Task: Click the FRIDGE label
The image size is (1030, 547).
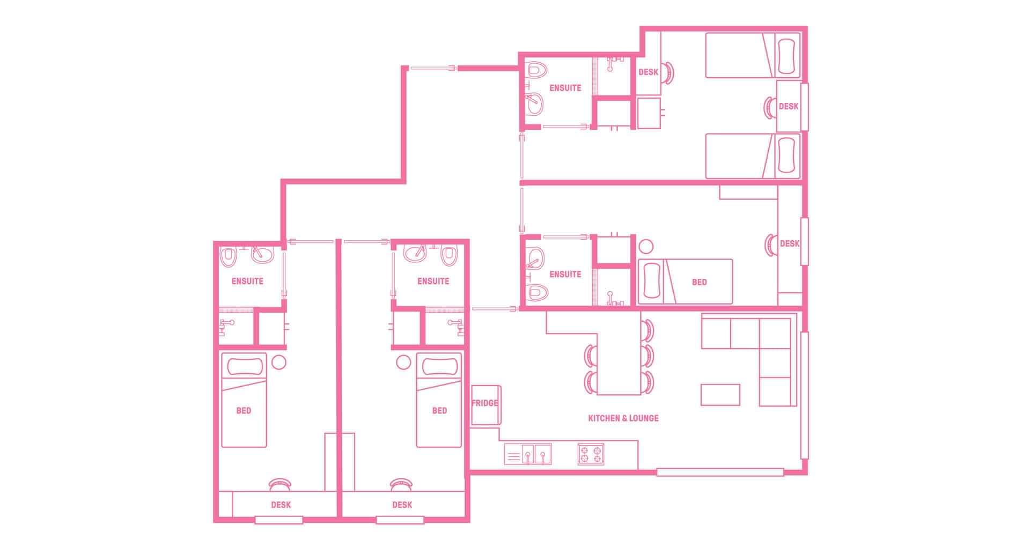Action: click(x=484, y=403)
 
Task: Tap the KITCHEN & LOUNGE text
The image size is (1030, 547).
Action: click(x=623, y=418)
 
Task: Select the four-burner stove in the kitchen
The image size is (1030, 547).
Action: click(x=591, y=454)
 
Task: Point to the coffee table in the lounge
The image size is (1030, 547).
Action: click(x=720, y=395)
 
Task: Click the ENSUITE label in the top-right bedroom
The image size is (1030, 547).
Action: click(x=565, y=88)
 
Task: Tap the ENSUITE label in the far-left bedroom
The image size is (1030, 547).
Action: click(x=247, y=281)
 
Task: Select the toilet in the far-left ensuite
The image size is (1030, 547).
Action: click(x=229, y=257)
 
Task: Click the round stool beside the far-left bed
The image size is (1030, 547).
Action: click(x=279, y=363)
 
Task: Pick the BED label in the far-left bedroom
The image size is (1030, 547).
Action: click(x=244, y=411)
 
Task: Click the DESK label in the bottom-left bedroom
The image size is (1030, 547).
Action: click(x=281, y=505)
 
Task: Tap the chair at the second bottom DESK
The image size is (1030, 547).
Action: click(x=401, y=484)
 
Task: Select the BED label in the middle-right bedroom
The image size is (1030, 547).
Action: click(x=699, y=282)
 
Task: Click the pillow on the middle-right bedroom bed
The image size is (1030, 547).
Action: click(x=650, y=282)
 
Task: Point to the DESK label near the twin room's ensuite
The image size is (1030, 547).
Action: click(x=648, y=72)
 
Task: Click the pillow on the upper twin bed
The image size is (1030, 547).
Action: click(x=787, y=56)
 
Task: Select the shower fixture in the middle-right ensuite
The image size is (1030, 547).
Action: click(x=612, y=297)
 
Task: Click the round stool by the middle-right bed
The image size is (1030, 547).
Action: click(x=646, y=247)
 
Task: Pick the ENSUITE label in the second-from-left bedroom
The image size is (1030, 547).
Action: click(x=433, y=281)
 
